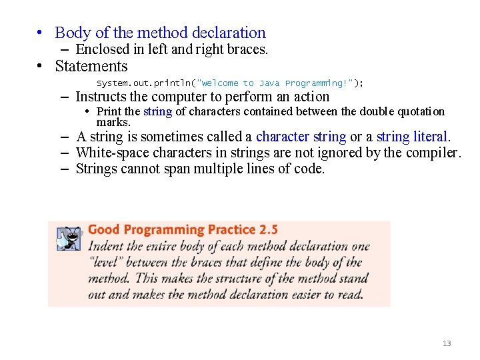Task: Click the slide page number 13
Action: click(447, 343)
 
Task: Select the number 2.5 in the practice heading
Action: click(268, 230)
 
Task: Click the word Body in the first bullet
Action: click(69, 33)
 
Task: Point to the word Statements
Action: click(91, 66)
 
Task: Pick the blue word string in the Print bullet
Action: click(157, 111)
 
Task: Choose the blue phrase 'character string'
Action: click(301, 137)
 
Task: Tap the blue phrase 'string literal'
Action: click(413, 137)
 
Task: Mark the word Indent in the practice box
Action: click(107, 247)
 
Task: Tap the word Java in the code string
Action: click(269, 83)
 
